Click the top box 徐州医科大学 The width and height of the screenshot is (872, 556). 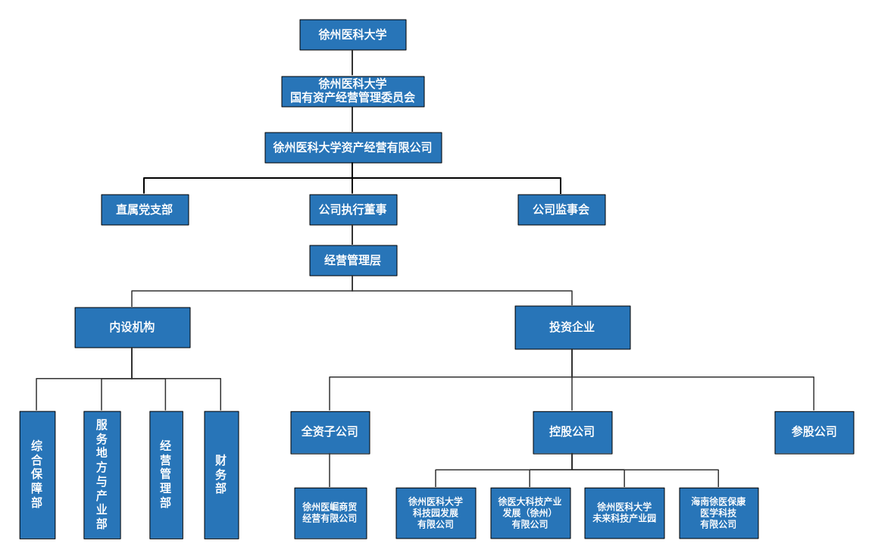pyautogui.click(x=352, y=35)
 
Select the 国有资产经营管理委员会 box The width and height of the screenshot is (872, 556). pyautogui.click(x=352, y=91)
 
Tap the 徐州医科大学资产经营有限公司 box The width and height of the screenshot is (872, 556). pyautogui.click(x=352, y=148)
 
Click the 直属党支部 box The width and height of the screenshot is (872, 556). pyautogui.click(x=145, y=210)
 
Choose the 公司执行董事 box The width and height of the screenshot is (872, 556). pyautogui.click(x=352, y=210)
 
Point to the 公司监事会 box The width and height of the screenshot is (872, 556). pyautogui.click(x=561, y=210)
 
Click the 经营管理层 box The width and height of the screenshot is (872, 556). pyautogui.click(x=352, y=261)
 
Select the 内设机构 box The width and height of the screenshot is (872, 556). pyautogui.click(x=132, y=327)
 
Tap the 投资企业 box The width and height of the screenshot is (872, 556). pyautogui.click(x=572, y=327)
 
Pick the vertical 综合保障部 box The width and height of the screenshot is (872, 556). pyautogui.click(x=37, y=475)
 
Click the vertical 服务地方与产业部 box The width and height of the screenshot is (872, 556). pyautogui.click(x=102, y=475)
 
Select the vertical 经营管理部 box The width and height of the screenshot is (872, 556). pyautogui.click(x=166, y=475)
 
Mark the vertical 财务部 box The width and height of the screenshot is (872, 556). pyautogui.click(x=221, y=475)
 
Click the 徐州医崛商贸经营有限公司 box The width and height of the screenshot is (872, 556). pyautogui.click(x=330, y=513)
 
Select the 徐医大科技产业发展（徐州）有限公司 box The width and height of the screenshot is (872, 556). pyautogui.click(x=530, y=513)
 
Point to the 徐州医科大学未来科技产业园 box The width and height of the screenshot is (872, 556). pyautogui.click(x=624, y=513)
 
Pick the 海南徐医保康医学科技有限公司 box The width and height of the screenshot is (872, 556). pyautogui.click(x=718, y=513)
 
